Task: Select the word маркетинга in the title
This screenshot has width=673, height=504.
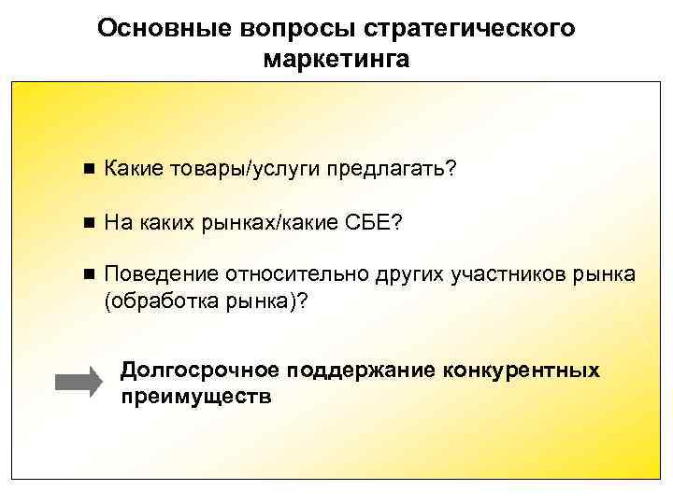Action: [x=336, y=60]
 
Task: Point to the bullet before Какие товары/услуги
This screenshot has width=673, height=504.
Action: [x=88, y=170]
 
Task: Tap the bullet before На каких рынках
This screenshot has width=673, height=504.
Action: [x=88, y=223]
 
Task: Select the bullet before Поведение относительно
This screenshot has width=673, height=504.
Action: [x=88, y=274]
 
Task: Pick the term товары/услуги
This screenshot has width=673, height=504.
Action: [x=242, y=170]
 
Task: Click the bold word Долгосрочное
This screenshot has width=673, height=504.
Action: [x=201, y=371]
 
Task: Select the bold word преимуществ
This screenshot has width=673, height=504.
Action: [x=196, y=396]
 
